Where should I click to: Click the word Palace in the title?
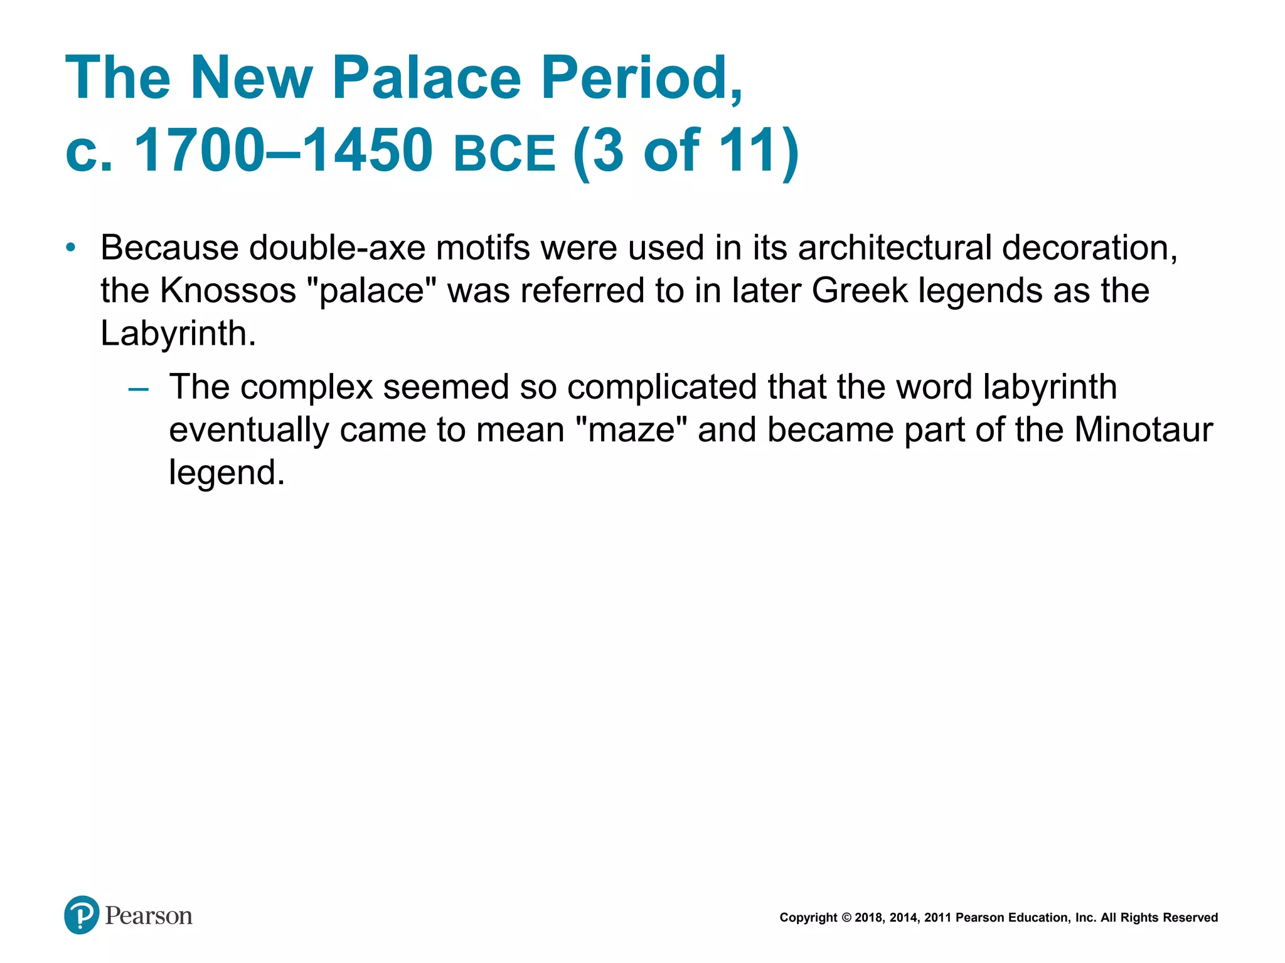coord(427,78)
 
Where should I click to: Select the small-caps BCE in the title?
coord(504,154)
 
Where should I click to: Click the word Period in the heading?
coord(641,78)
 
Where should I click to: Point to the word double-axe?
coord(337,248)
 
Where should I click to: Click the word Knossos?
coord(228,291)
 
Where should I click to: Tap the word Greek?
coord(859,291)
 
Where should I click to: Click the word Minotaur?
coord(1143,430)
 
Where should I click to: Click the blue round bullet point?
coord(72,248)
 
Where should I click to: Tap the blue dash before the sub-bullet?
coord(138,389)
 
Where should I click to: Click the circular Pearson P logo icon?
coord(82,915)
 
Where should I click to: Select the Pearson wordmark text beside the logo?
coord(149,916)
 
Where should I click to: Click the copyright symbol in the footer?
coord(846,918)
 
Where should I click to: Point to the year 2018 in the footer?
coord(868,918)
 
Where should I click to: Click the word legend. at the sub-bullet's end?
coord(227,473)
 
